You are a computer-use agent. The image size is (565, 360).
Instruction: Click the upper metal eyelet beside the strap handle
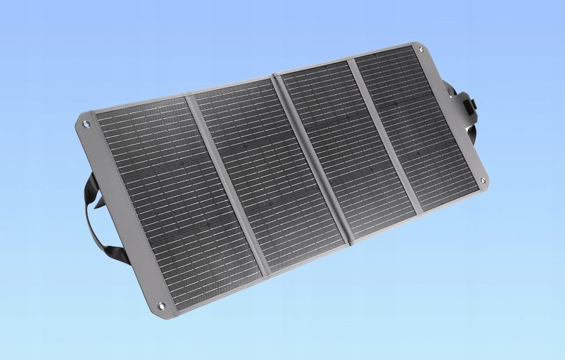click(86, 122)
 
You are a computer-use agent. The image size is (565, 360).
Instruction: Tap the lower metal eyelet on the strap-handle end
click(161, 306)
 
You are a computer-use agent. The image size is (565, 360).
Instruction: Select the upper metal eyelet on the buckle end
click(421, 50)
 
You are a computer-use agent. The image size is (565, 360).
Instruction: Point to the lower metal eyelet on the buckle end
click(483, 180)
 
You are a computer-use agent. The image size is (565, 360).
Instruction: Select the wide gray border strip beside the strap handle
click(119, 215)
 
